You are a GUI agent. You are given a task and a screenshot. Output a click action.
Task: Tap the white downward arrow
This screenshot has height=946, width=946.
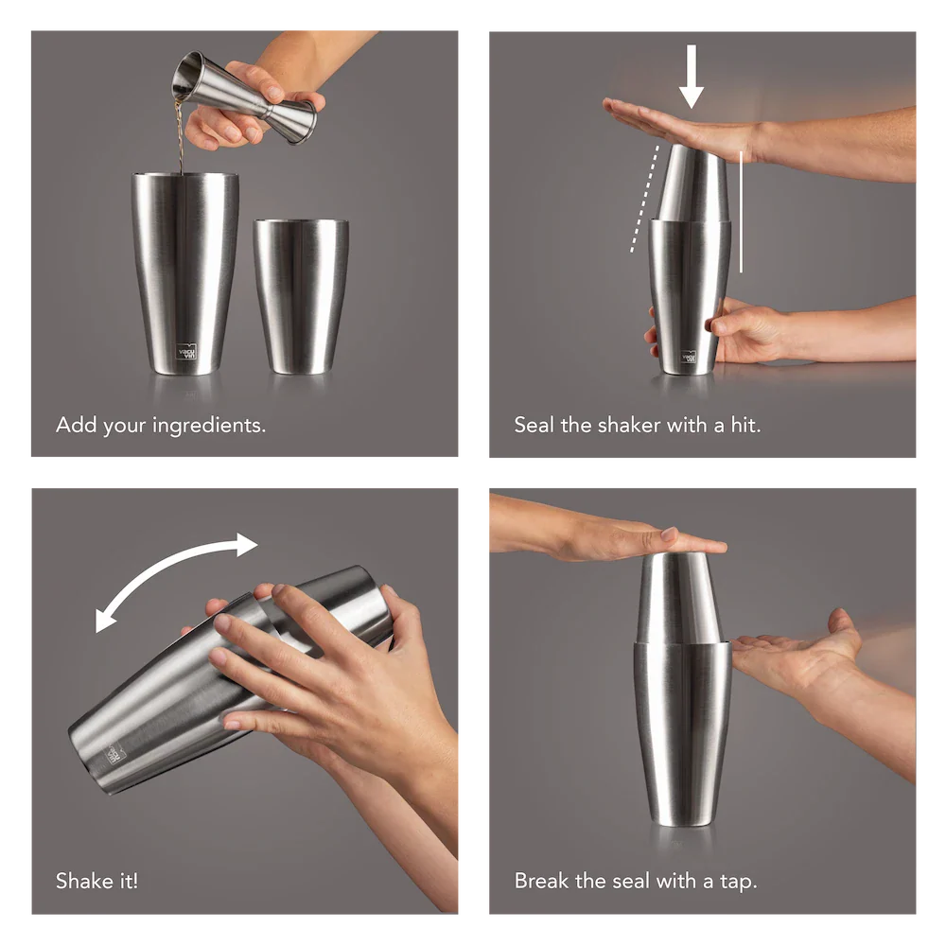[692, 76]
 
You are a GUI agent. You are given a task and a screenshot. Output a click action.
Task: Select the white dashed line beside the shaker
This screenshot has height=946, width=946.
[644, 198]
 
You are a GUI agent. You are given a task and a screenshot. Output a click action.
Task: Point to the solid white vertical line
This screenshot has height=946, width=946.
[741, 211]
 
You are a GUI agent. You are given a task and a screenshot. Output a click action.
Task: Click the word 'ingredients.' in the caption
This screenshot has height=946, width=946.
[209, 426]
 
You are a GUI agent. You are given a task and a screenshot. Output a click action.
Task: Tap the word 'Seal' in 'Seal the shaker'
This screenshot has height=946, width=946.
[534, 425]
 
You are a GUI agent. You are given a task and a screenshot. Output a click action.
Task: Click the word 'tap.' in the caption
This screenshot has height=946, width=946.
[739, 882]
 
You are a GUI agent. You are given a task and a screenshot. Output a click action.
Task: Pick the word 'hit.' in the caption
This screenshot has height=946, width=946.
[745, 425]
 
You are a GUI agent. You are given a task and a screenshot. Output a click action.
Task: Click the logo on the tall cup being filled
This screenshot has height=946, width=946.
[187, 351]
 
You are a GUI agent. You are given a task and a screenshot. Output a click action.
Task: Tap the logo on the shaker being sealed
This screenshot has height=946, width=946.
[689, 357]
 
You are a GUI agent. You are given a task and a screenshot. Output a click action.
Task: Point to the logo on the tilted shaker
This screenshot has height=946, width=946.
[114, 754]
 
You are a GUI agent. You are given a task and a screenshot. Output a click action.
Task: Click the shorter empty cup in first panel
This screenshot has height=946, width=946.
[301, 296]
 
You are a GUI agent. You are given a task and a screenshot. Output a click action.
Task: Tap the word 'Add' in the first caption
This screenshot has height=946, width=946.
[77, 425]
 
